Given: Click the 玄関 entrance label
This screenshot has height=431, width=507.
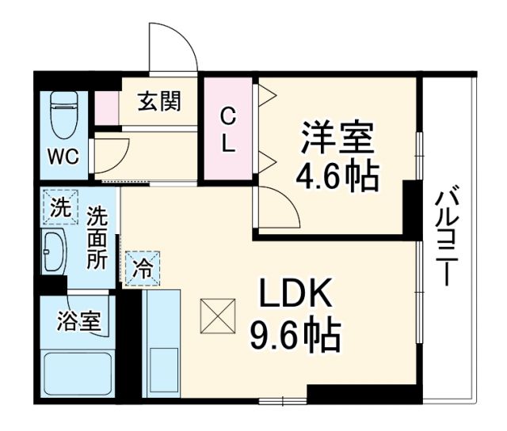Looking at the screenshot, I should pos(158,101).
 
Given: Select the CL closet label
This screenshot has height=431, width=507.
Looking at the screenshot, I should pos(227,130).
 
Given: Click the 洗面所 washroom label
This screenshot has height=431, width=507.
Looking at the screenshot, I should pos(98,237).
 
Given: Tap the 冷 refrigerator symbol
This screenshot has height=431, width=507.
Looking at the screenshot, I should pos(142,267).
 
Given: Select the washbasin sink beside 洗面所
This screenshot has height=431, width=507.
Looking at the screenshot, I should pos(55,253).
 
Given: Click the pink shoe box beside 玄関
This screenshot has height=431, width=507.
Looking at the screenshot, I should pos(105,108).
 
